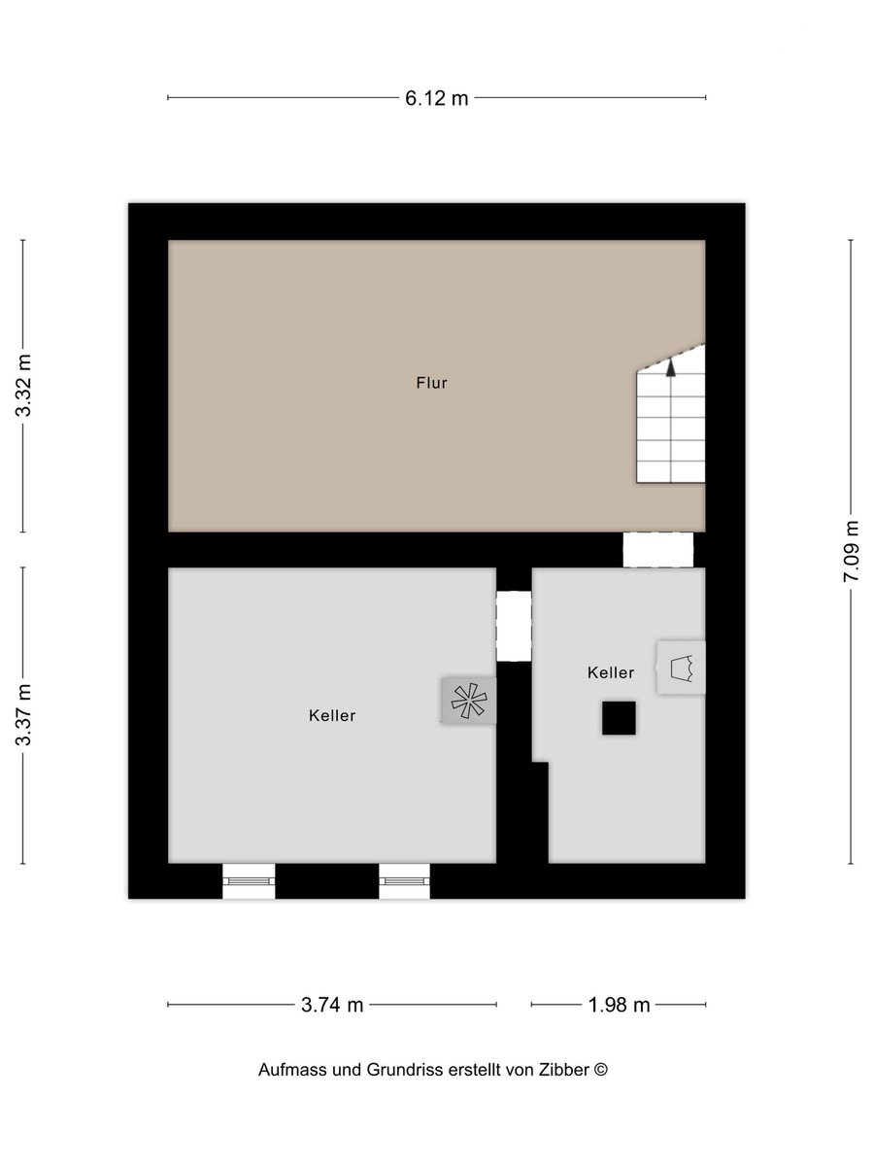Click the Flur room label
431,383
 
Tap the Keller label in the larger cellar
332,715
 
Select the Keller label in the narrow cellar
611,672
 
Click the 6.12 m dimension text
437,98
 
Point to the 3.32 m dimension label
23,385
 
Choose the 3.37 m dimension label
23,714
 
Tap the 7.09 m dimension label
852,551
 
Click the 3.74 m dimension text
332,1005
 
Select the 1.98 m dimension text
619,1005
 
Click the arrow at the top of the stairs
671,367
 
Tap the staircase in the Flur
671,414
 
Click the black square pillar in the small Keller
619,718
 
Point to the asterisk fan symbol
469,701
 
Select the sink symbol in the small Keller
682,668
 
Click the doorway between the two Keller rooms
514,627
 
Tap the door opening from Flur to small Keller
658,550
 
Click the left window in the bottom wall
249,881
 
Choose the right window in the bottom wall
404,881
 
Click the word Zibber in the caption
564,1070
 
